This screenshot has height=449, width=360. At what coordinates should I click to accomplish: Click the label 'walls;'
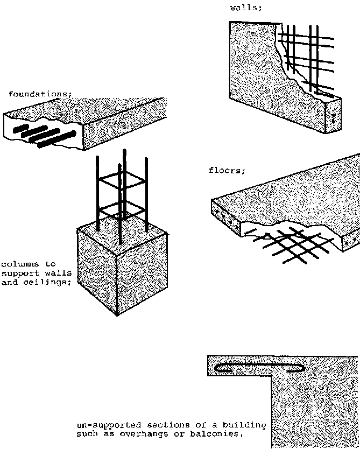246,8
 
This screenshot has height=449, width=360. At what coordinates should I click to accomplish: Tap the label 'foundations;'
40,94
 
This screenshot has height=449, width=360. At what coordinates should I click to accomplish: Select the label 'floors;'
227,171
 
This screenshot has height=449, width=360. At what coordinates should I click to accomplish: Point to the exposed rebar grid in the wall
306,60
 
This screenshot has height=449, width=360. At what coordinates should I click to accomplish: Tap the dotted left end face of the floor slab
225,218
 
